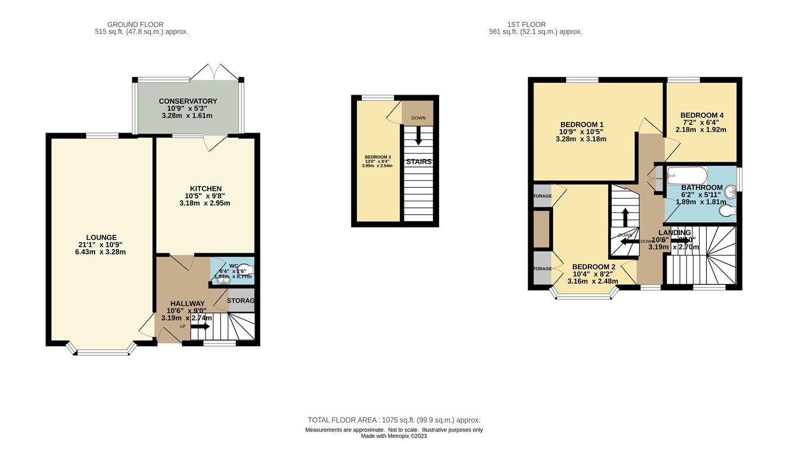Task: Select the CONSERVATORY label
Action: coord(188,101)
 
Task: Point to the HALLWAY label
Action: coord(187,303)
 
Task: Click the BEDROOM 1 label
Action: coord(581,124)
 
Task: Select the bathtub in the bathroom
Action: coord(687,175)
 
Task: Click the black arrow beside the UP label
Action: coord(200,327)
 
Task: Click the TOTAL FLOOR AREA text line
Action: coord(394,420)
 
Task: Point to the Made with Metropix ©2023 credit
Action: coord(394,436)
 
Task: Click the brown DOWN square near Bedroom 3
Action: coord(419,114)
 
